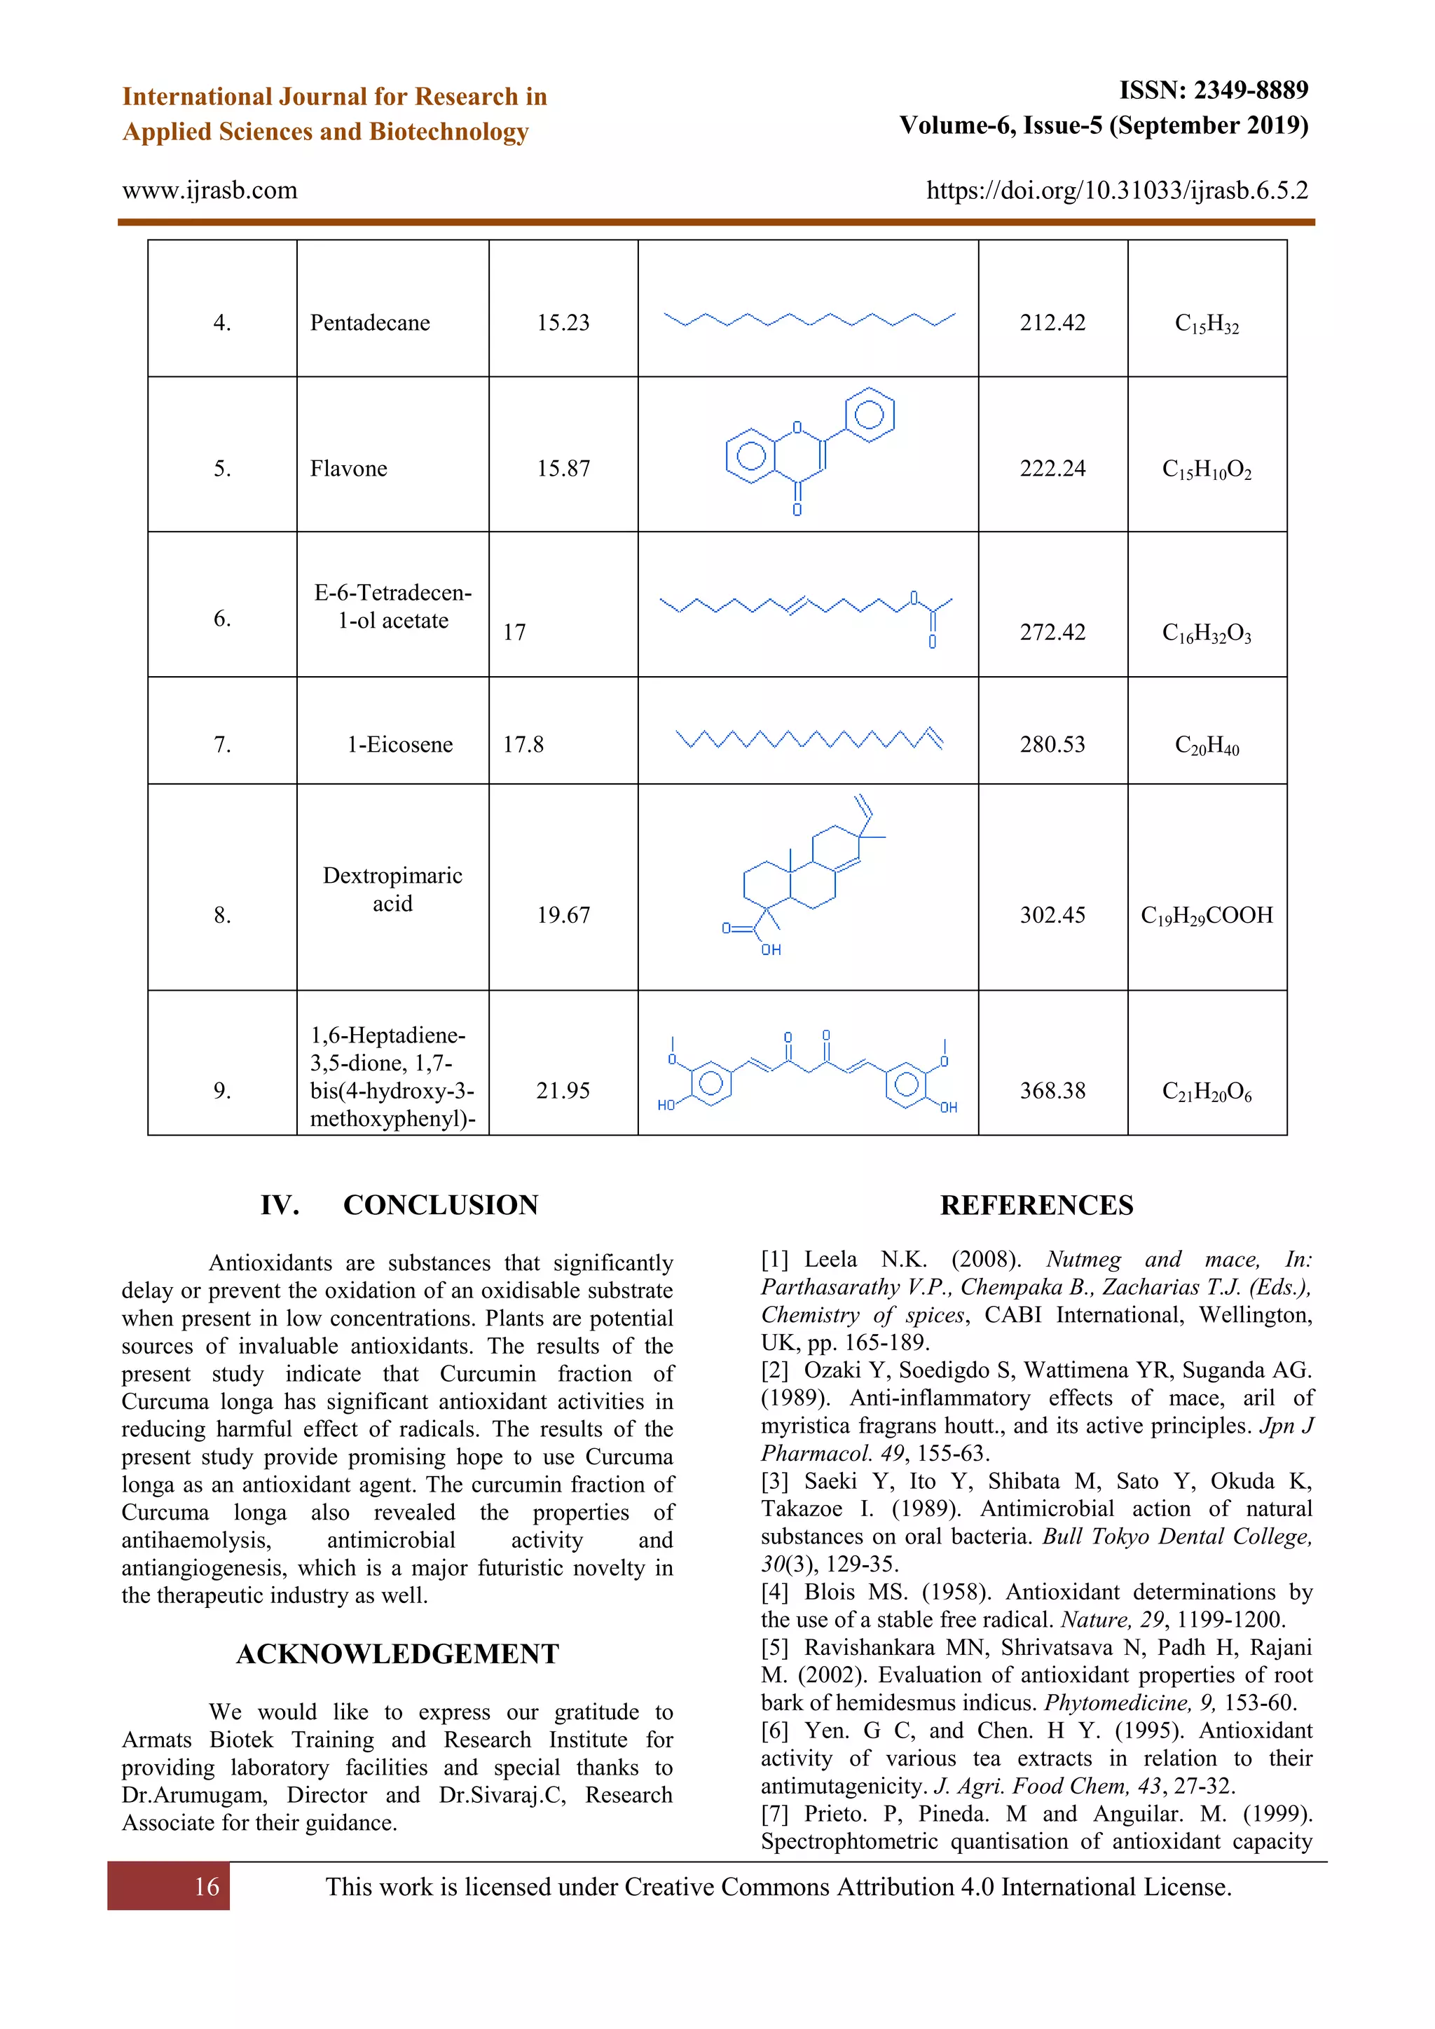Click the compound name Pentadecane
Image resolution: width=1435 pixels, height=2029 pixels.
[x=369, y=322]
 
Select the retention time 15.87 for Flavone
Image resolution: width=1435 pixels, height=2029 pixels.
[x=563, y=469]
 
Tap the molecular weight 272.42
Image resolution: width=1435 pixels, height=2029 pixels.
[x=1052, y=632]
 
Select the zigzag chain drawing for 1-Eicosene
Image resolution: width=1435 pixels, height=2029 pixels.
[x=809, y=738]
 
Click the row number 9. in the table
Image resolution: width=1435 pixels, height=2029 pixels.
[x=222, y=1090]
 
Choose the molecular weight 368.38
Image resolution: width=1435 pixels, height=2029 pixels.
[x=1052, y=1090]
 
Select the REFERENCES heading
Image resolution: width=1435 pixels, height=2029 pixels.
[x=1036, y=1205]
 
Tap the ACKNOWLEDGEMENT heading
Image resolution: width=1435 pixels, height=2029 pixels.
[x=397, y=1654]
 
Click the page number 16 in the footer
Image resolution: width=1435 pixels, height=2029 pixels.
[x=207, y=1887]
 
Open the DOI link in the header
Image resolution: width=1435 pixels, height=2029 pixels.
[x=1117, y=190]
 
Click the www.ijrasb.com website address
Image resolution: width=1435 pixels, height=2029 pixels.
[x=210, y=190]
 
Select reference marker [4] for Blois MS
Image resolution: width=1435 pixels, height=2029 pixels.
[x=775, y=1593]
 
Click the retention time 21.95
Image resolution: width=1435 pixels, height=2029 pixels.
[x=563, y=1090]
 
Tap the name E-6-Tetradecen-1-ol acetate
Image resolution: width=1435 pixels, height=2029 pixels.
[x=392, y=606]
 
